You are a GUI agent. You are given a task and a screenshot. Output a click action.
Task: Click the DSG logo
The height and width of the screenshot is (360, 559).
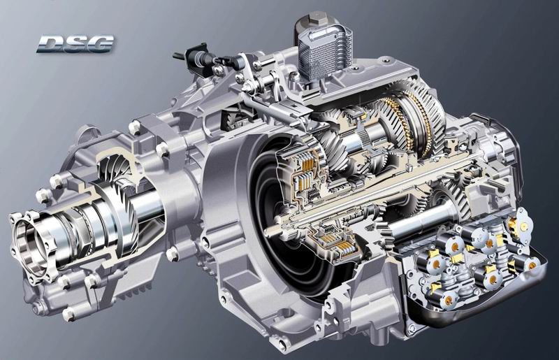(75, 43)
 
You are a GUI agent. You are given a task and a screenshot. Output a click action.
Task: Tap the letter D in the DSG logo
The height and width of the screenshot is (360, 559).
(50, 44)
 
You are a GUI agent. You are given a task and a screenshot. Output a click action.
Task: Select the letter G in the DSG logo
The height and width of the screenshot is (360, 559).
(101, 43)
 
